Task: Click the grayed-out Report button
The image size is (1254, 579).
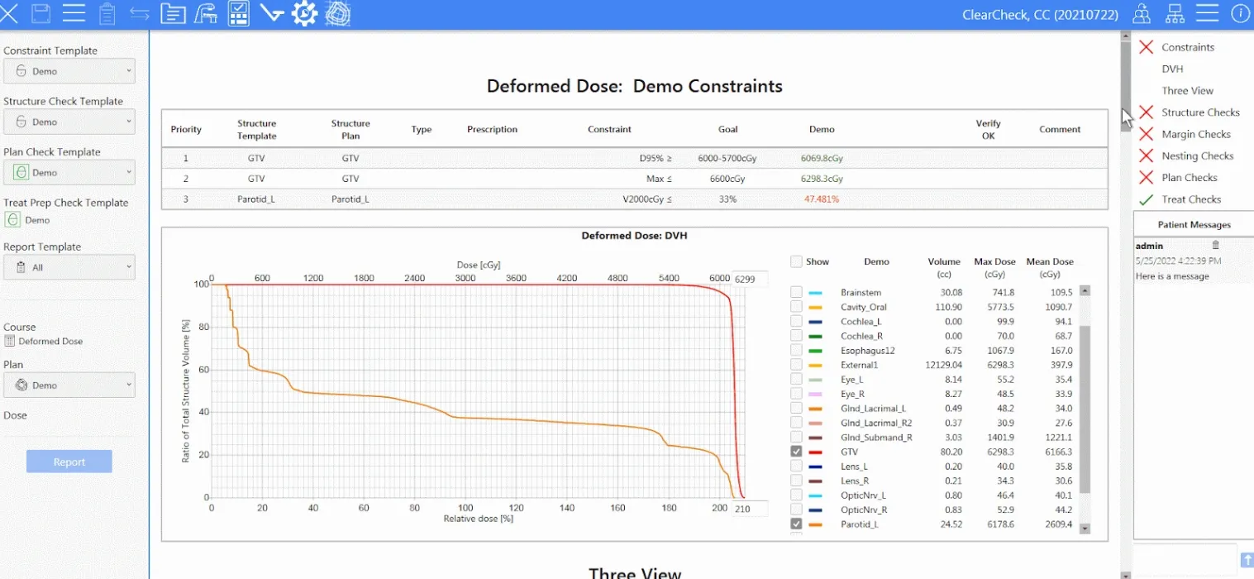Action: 69,462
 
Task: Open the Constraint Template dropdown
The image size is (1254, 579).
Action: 69,71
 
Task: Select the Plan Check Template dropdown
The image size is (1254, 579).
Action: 69,172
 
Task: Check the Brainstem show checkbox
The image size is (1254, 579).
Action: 796,292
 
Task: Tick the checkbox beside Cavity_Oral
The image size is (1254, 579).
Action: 796,307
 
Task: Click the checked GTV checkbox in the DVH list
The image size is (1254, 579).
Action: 796,452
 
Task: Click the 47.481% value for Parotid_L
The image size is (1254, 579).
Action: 821,199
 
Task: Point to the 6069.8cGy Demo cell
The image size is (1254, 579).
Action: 821,158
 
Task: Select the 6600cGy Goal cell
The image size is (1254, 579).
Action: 727,179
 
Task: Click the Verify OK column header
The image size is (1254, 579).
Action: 988,129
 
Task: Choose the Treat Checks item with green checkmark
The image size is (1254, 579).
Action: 1190,199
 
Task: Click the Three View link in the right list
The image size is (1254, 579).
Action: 1187,91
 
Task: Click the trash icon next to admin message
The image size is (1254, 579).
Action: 1215,245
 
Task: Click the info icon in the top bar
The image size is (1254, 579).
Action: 1240,13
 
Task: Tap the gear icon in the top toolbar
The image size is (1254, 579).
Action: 304,13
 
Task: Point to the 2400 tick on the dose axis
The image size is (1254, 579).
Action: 414,279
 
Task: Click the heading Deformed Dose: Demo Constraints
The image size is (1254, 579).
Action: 634,86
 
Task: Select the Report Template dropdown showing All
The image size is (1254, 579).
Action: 69,267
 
